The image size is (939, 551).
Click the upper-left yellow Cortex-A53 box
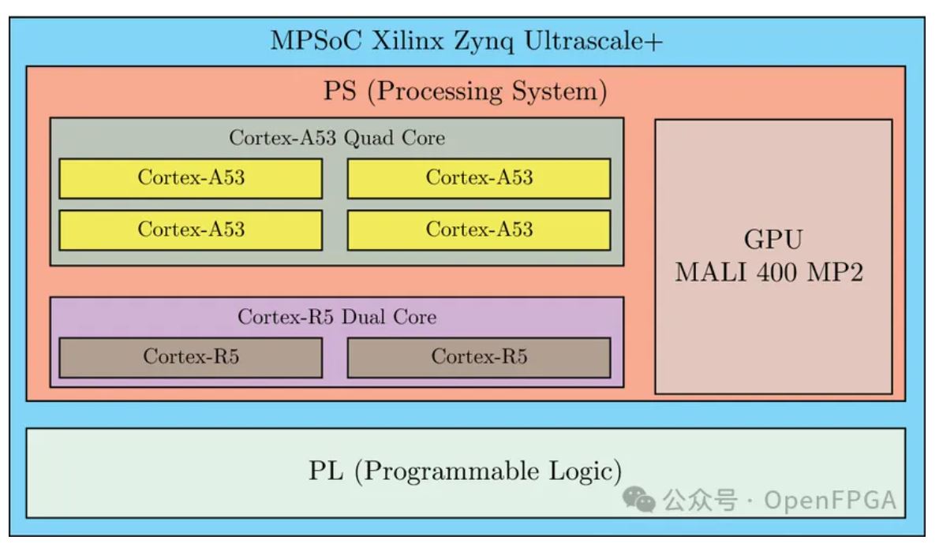(x=190, y=178)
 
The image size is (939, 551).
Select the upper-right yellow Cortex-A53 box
(x=478, y=178)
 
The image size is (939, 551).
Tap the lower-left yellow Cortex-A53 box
(x=190, y=230)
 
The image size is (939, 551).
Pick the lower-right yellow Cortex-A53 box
(x=478, y=230)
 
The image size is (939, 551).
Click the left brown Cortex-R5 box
(x=190, y=357)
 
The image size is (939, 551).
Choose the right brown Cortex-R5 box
(x=478, y=357)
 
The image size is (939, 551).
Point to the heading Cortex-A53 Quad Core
(x=337, y=138)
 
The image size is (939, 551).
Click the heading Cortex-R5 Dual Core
(x=337, y=317)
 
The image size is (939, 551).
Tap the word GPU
(x=773, y=240)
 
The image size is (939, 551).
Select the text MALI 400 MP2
(x=769, y=273)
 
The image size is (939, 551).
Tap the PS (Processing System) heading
(x=466, y=91)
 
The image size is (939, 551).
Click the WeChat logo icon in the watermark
(x=638, y=499)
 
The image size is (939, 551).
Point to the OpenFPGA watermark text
(x=830, y=500)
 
